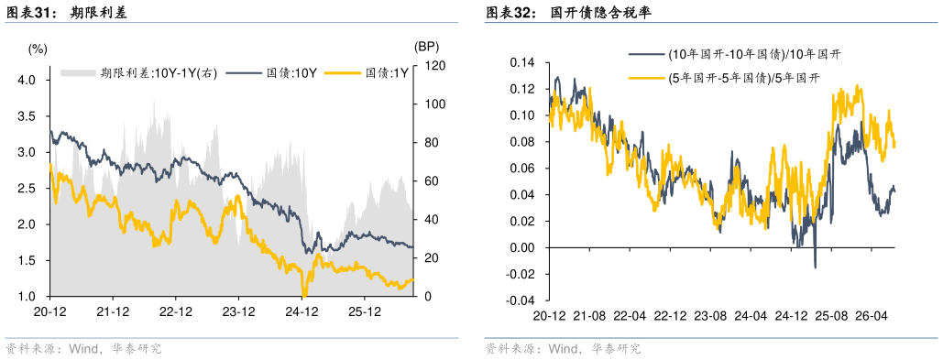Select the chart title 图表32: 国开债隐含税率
(569, 11)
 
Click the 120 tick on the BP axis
(431, 66)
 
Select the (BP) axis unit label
(427, 47)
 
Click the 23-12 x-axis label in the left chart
(239, 311)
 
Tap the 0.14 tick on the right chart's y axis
(522, 62)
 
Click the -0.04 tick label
(521, 300)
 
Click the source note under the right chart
(563, 349)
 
